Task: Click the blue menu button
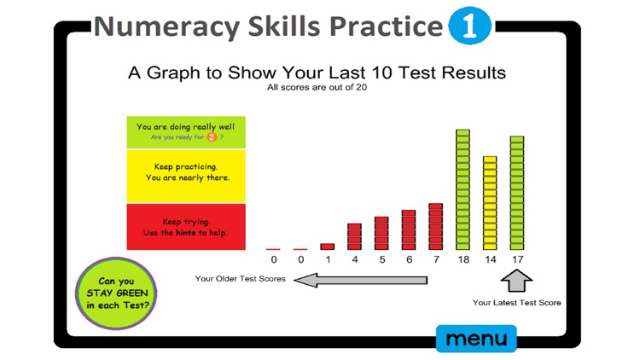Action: [x=476, y=339]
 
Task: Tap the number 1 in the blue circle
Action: [x=469, y=27]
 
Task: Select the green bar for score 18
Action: [x=463, y=189]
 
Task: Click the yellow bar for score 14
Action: [x=490, y=202]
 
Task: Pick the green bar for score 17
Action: [x=517, y=192]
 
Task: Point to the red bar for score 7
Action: [x=435, y=226]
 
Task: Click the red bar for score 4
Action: [x=354, y=235]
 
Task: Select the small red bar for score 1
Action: [x=327, y=246]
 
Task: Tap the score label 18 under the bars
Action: [x=463, y=258]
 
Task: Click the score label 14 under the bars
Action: [x=490, y=258]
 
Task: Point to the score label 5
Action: [x=381, y=258]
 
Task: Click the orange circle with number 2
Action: [x=212, y=136]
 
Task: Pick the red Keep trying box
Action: [x=185, y=226]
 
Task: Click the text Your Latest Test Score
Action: [x=517, y=302]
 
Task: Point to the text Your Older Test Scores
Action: [x=240, y=279]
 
